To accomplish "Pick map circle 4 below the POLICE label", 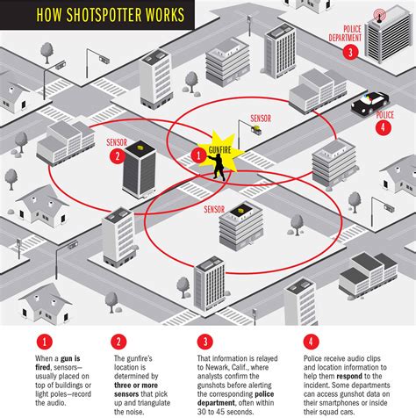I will tap(382, 126).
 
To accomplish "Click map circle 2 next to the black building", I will tap(116, 157).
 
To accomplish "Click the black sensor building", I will tap(140, 170).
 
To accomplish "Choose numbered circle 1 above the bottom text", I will tap(41, 341).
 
